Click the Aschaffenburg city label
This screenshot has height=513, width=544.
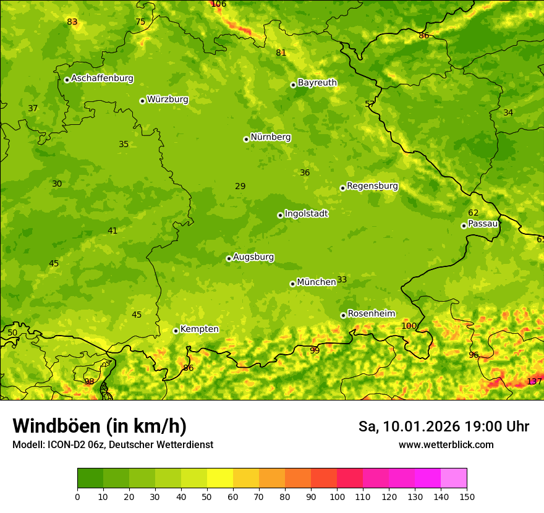pos(102,78)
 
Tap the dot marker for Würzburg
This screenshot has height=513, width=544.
pos(142,101)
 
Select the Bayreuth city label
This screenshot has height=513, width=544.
pos(317,82)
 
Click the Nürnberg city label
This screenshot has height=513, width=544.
pos(270,137)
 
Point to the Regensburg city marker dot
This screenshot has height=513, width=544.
pos(342,188)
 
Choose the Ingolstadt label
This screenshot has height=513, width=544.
pos(306,214)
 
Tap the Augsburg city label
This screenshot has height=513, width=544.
pos(253,257)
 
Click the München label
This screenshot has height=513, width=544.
pos(316,282)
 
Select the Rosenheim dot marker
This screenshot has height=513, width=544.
pos(343,315)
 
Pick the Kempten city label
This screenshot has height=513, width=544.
pos(199,329)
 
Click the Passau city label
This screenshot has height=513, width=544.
pos(482,224)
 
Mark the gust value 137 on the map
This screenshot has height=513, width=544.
pos(534,381)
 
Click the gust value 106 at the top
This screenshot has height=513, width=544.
pos(219,4)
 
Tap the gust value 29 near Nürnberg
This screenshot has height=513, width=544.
pos(240,186)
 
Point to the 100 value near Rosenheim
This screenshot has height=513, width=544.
pos(409,326)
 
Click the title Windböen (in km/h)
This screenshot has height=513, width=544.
pos(99,426)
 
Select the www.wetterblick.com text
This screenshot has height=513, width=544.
pos(446,444)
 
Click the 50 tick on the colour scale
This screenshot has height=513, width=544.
pos(207,496)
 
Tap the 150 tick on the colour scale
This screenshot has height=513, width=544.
pos(467,496)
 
